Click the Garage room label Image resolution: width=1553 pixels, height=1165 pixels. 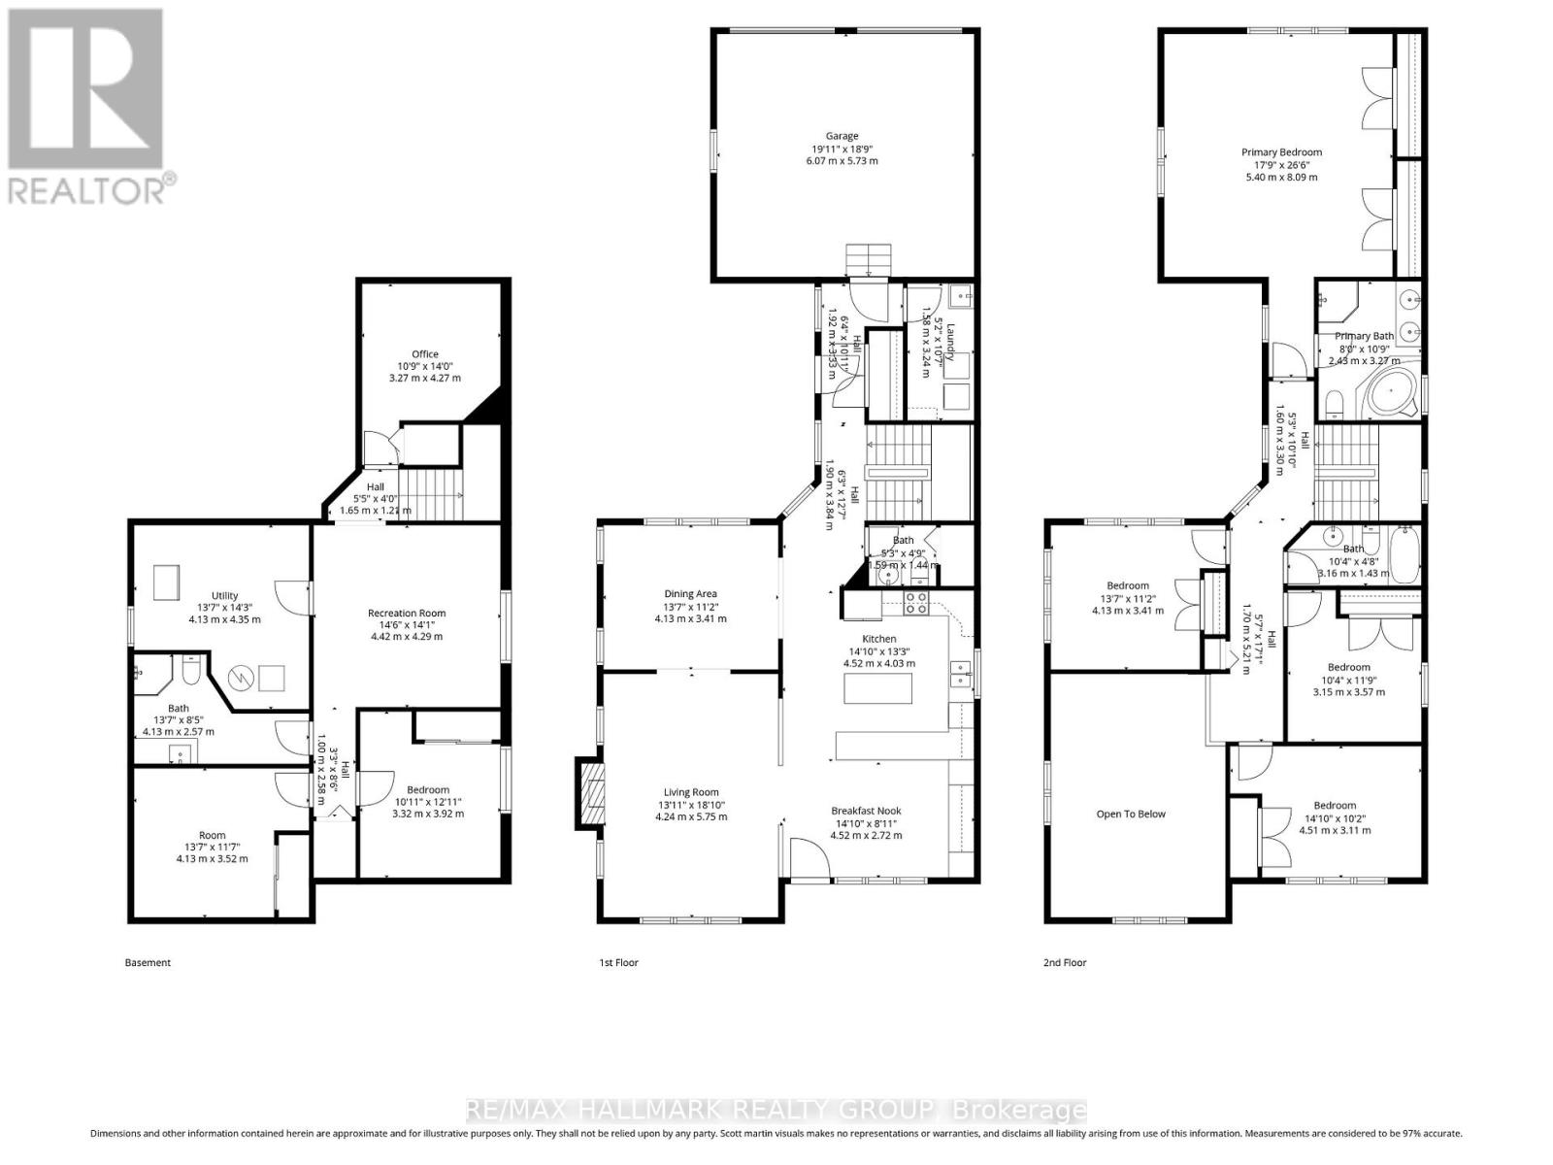click(842, 137)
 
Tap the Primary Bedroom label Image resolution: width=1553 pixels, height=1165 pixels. click(1281, 152)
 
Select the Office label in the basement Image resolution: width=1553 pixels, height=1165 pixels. click(424, 354)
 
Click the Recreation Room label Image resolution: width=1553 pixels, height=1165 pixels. click(406, 613)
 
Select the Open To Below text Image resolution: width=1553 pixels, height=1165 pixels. click(1131, 814)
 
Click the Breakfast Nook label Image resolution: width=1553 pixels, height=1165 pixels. click(866, 811)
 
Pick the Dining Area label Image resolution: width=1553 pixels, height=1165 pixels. click(690, 594)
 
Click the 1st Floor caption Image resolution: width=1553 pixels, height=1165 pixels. click(618, 963)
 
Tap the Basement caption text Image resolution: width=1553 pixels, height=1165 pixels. click(148, 963)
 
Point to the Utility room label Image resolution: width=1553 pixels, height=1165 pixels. click(224, 596)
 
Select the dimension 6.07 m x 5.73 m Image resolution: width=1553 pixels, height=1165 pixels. click(841, 161)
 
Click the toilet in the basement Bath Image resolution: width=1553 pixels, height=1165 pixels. click(190, 673)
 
